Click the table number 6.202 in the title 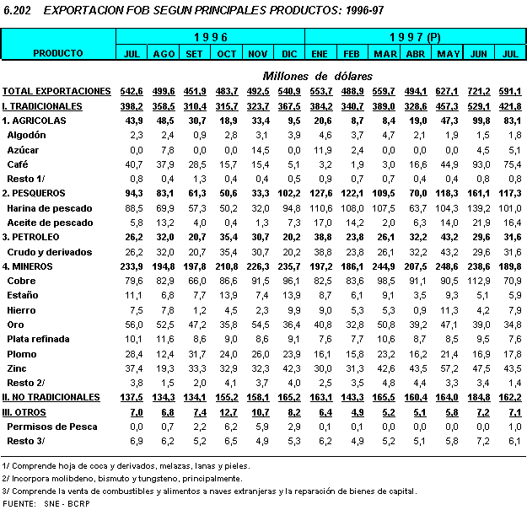pyautogui.click(x=18, y=11)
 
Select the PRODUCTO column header pyautogui.click(x=58, y=53)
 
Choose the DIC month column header pyautogui.click(x=288, y=54)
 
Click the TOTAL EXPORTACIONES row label pyautogui.click(x=56, y=90)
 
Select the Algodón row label pyautogui.click(x=28, y=135)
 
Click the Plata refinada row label pyautogui.click(x=38, y=339)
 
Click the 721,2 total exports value pyautogui.click(x=478, y=90)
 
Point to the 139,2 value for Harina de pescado pyautogui.click(x=478, y=207)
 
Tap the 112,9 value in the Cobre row pyautogui.click(x=478, y=281)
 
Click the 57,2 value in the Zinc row pyautogui.click(x=448, y=368)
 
